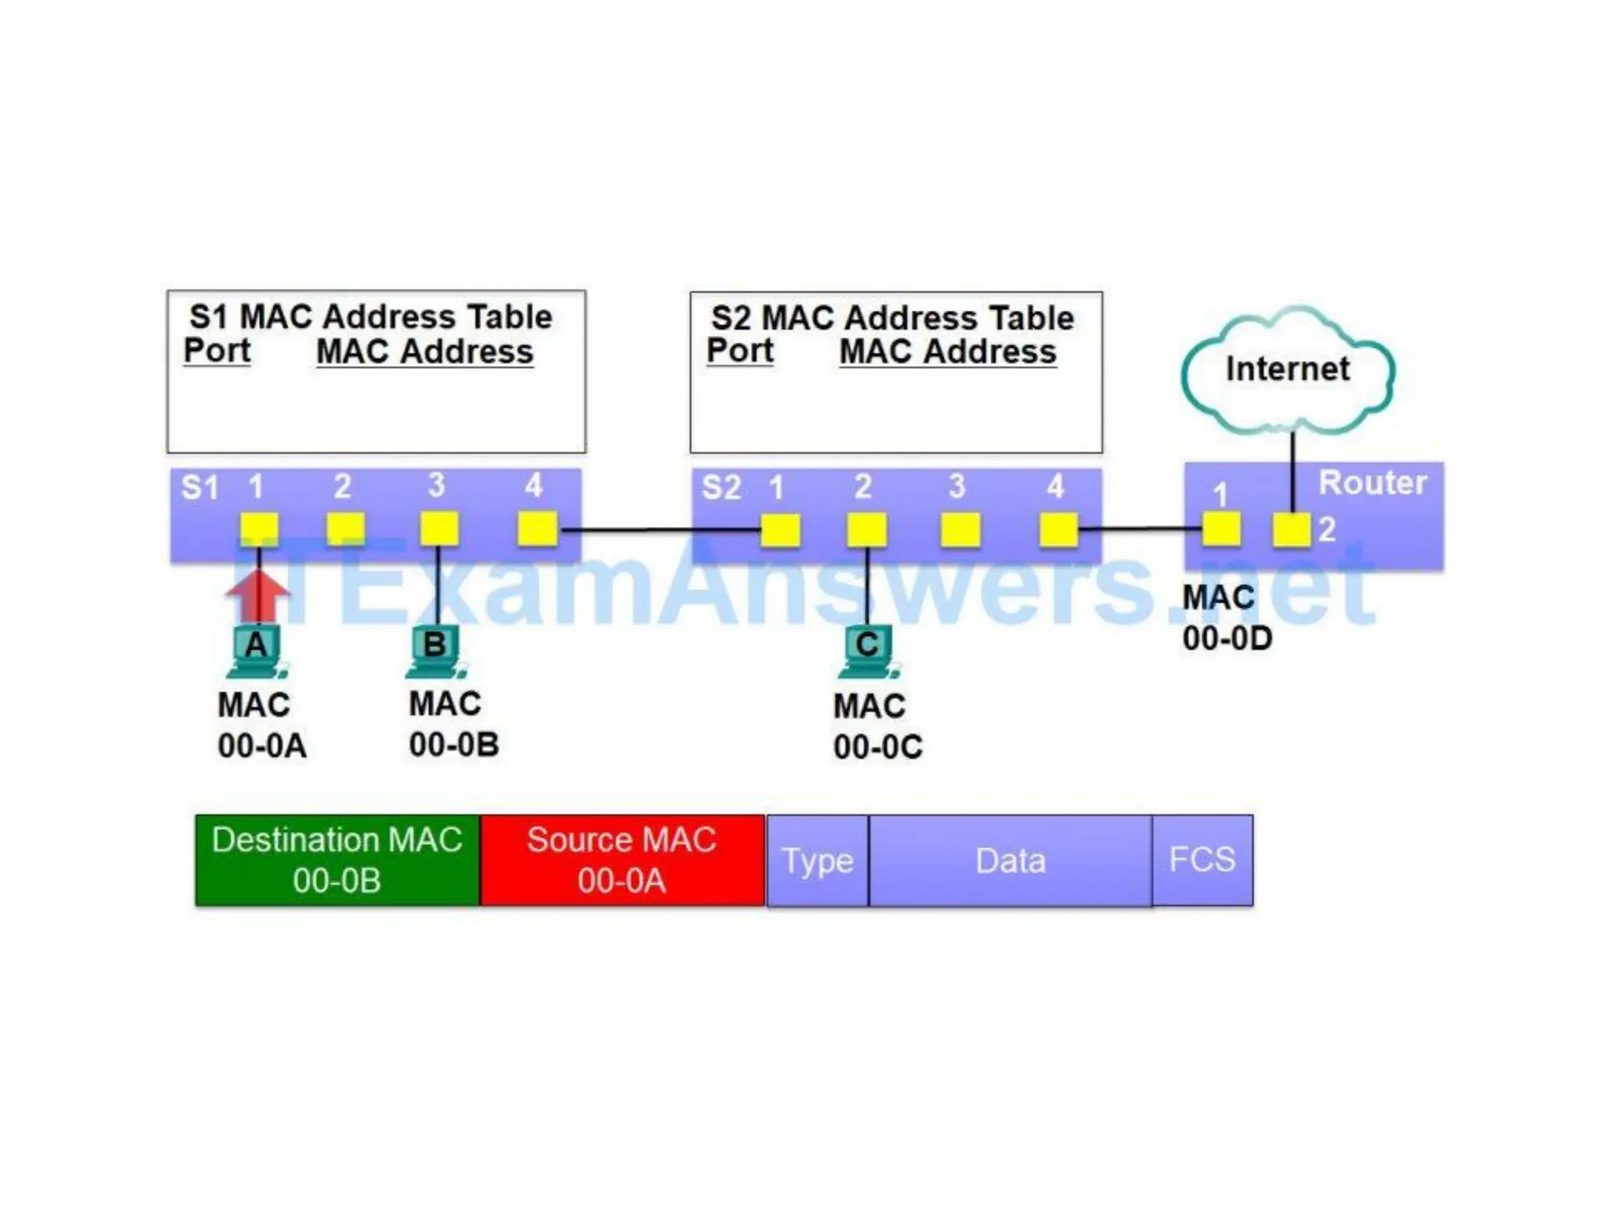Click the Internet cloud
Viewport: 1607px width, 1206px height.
pyautogui.click(x=1288, y=370)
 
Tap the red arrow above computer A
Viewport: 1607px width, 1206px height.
pyautogui.click(x=258, y=595)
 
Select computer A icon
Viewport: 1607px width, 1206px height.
pyautogui.click(x=257, y=650)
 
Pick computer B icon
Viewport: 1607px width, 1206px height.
pyautogui.click(x=435, y=650)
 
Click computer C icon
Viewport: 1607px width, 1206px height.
pyautogui.click(x=867, y=650)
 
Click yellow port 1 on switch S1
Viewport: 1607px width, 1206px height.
pyautogui.click(x=259, y=528)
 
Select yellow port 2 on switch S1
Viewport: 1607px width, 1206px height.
pyautogui.click(x=345, y=528)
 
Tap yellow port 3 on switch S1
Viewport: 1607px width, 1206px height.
pyautogui.click(x=439, y=528)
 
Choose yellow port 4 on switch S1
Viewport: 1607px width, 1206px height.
pyautogui.click(x=537, y=528)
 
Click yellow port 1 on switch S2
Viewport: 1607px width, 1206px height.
pyautogui.click(x=781, y=530)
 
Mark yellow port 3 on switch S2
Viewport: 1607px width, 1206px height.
pyautogui.click(x=960, y=530)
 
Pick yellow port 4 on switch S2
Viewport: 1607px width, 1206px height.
pyautogui.click(x=1059, y=530)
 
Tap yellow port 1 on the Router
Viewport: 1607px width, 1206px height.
pyautogui.click(x=1222, y=528)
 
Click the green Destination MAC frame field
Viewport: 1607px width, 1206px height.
pyautogui.click(x=337, y=861)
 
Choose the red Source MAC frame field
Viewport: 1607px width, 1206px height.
pyautogui.click(x=622, y=861)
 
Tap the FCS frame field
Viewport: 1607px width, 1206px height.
pyautogui.click(x=1202, y=861)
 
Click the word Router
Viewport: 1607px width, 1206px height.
pyautogui.click(x=1372, y=483)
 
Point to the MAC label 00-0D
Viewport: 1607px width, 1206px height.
pyautogui.click(x=1227, y=638)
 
